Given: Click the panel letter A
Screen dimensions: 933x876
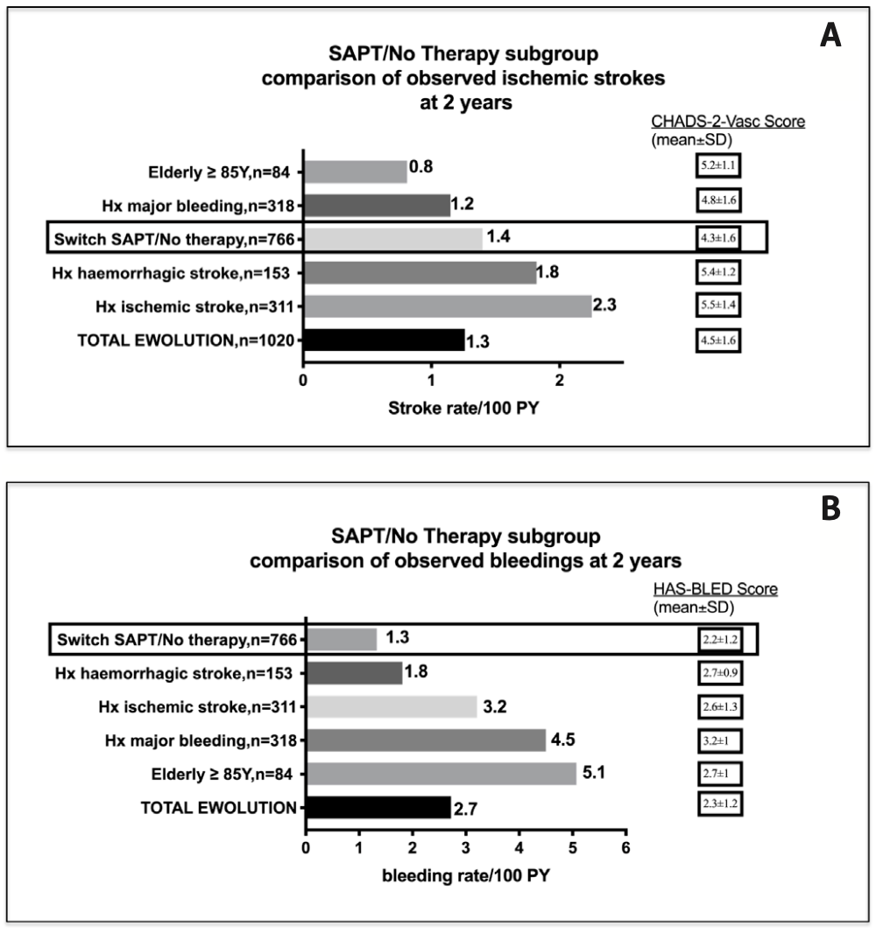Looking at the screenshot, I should [x=830, y=36].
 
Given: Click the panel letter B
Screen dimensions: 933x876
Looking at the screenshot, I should [x=830, y=509].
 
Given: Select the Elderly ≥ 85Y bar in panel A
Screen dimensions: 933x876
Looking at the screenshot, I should [x=355, y=172].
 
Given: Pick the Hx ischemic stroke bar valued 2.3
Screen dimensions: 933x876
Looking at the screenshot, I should [x=447, y=305].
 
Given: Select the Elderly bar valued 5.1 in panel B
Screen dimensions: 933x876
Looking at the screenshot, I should [x=441, y=774].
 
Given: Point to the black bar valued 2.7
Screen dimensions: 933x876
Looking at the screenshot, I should [x=377, y=807].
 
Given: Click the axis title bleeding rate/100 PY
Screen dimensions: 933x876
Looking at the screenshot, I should [x=464, y=874].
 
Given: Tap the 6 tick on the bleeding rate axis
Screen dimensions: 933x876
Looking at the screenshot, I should [x=625, y=847].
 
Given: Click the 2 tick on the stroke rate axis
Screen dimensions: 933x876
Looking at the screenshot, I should [x=559, y=379].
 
